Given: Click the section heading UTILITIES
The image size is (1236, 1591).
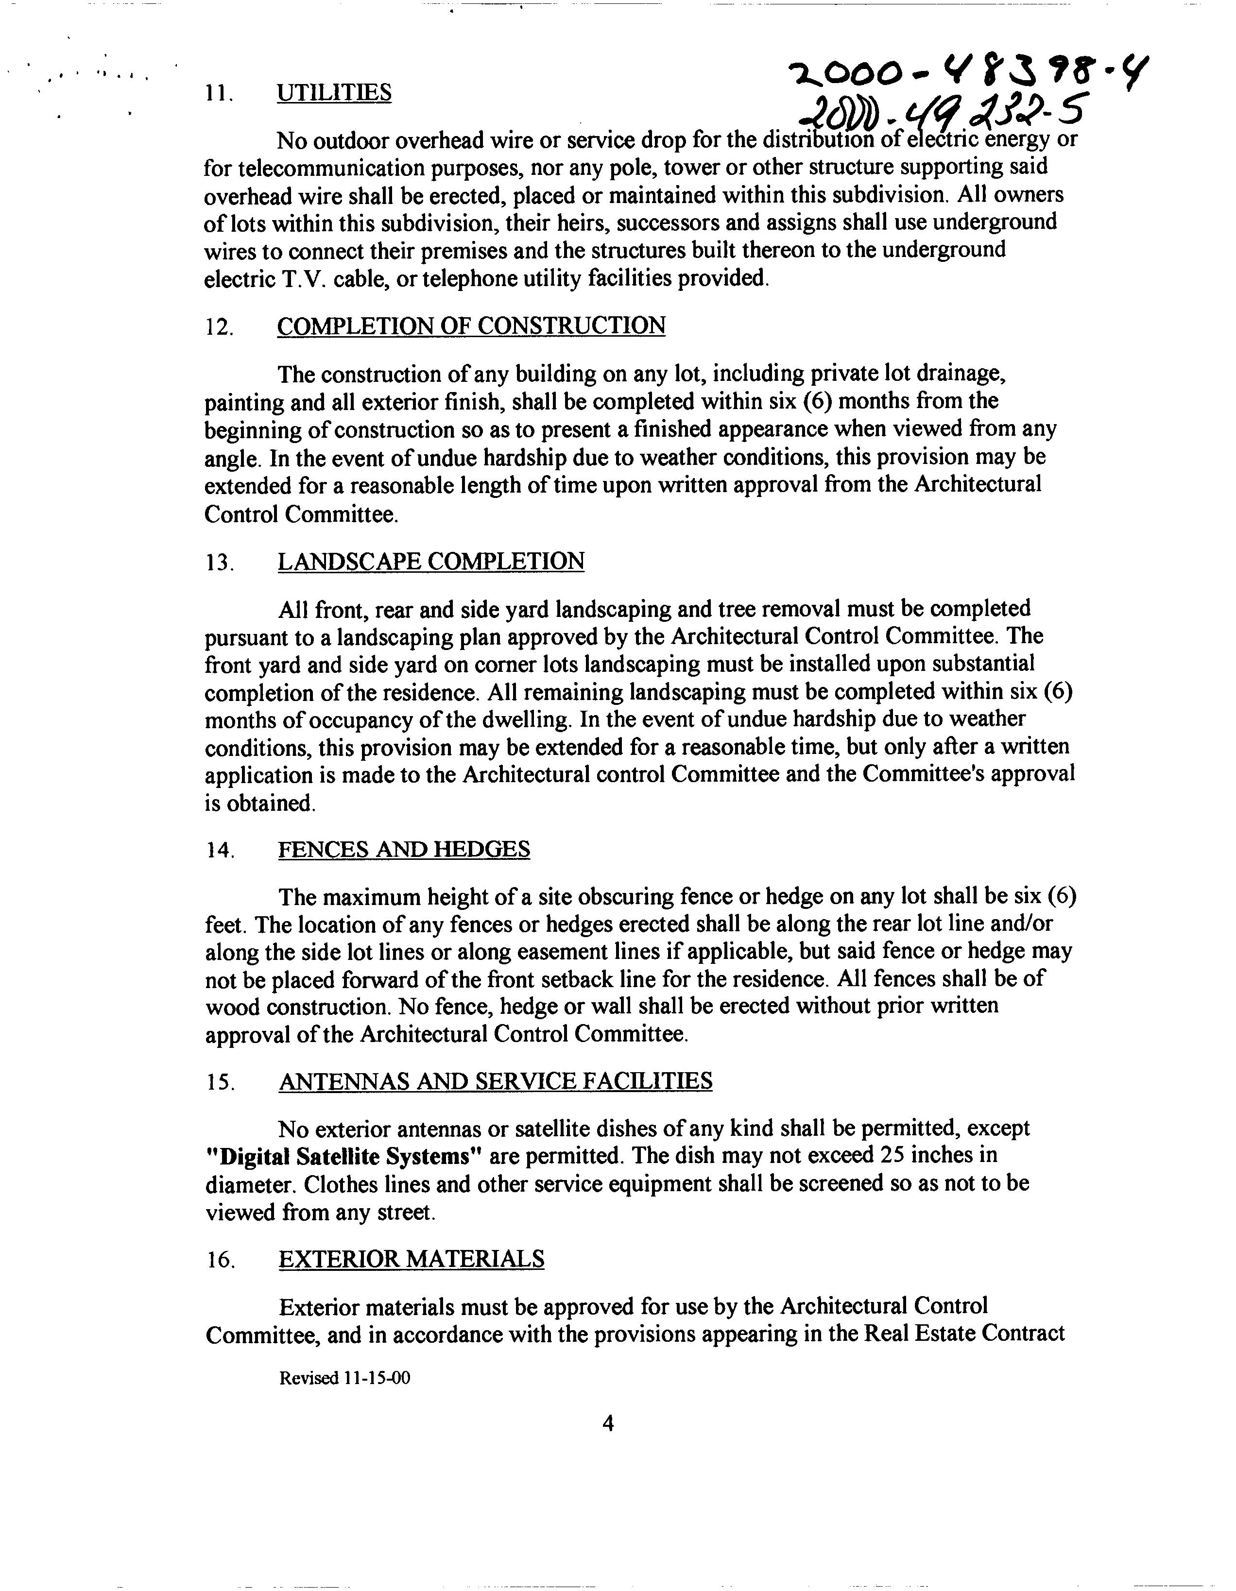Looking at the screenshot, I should [334, 93].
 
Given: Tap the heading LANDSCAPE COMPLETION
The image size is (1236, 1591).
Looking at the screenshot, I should [430, 562].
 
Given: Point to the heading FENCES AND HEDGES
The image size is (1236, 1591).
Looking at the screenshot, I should [404, 849].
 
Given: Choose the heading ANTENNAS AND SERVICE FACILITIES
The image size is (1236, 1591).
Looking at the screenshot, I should [495, 1080].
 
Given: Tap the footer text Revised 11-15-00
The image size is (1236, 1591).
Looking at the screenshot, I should [344, 1378].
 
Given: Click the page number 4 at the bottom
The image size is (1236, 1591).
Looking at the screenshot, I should [609, 1423].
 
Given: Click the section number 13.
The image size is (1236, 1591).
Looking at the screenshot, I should [219, 563].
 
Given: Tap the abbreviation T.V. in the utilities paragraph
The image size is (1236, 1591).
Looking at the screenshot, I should [305, 279].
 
